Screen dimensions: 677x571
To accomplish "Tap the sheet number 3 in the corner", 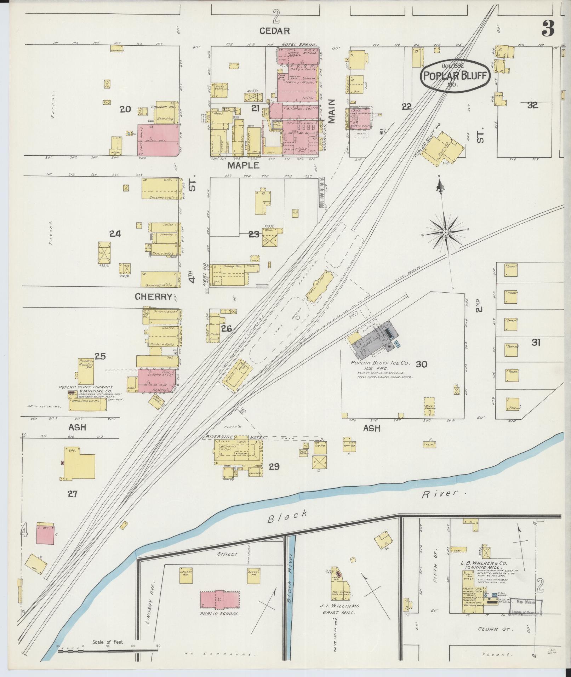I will [x=548, y=29].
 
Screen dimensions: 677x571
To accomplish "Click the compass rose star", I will [x=446, y=232].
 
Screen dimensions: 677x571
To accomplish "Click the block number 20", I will [x=125, y=109].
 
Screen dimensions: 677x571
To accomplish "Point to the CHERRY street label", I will [x=153, y=297].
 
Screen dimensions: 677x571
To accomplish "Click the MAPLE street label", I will [x=244, y=165].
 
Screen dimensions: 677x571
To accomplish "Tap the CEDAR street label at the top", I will [x=274, y=31].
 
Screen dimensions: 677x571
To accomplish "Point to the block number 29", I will [x=274, y=467].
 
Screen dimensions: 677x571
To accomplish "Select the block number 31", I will [x=536, y=342].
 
